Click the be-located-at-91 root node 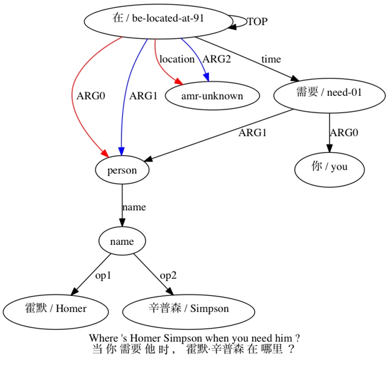[158, 19]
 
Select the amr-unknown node [212, 96]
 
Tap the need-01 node [329, 93]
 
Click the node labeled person [122, 170]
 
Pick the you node [329, 167]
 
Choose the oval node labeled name [122, 242]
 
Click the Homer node [55, 309]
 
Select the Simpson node [189, 309]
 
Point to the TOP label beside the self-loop [257, 22]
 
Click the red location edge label [177, 59]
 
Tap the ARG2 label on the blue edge [217, 59]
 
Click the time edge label [271, 59]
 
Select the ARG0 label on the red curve [91, 96]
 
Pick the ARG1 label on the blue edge [143, 96]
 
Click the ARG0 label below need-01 [344, 132]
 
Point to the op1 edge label [103, 276]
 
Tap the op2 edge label [168, 276]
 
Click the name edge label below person [134, 207]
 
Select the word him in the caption [284, 338]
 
